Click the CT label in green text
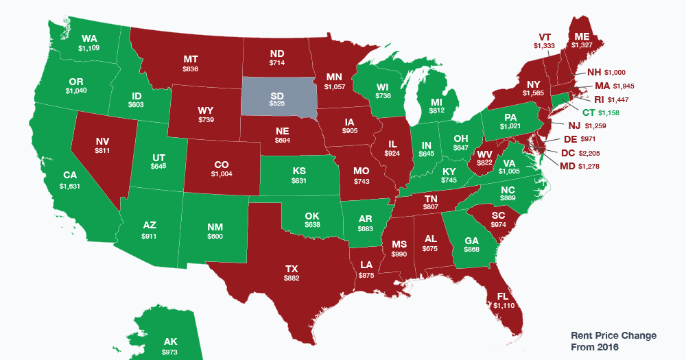[x=588, y=111]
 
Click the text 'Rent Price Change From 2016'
[x=614, y=341]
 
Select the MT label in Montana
[x=191, y=59]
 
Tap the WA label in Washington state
[x=88, y=38]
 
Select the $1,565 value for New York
[x=533, y=92]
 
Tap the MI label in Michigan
[x=436, y=101]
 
